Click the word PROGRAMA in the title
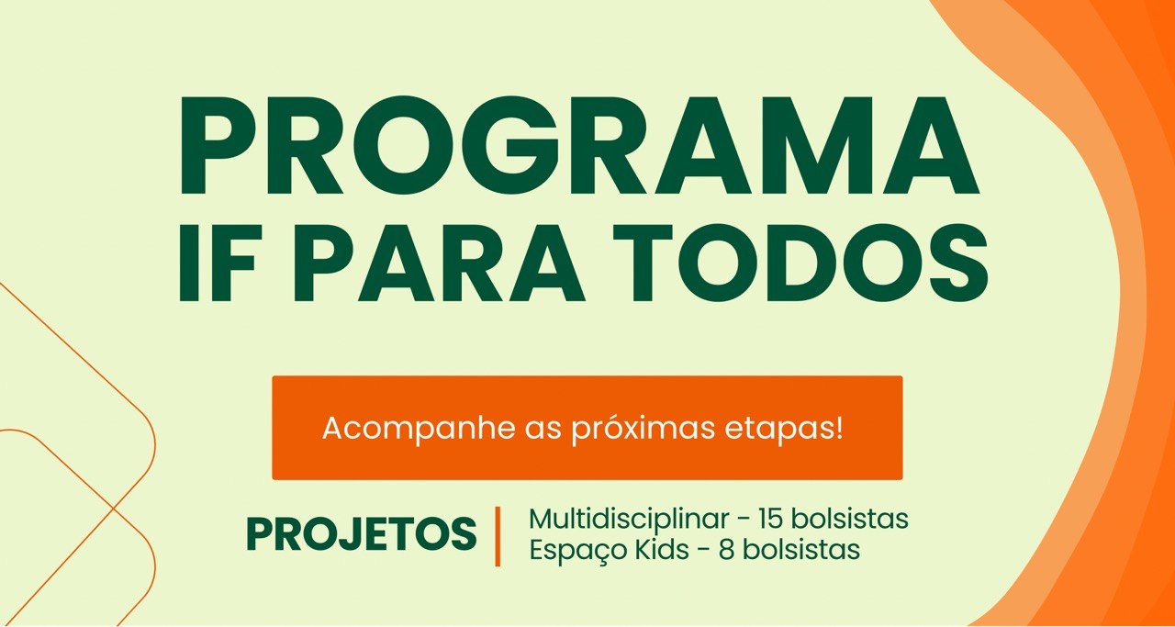[579, 145]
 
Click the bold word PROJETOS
[362, 534]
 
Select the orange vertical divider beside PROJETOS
[498, 536]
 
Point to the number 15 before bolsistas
[770, 519]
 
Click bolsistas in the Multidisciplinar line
[849, 519]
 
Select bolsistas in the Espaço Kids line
[802, 549]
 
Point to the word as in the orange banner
[543, 431]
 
